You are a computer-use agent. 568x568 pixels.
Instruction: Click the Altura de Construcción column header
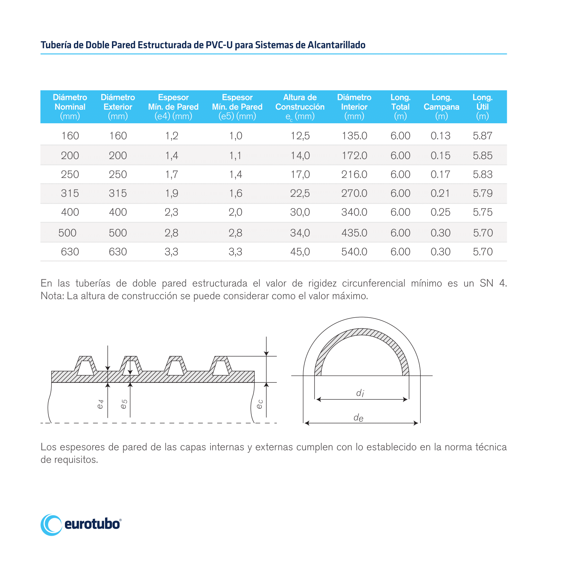(300, 107)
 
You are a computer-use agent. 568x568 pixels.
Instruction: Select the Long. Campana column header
(441, 107)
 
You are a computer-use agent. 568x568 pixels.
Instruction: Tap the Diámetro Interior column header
(354, 107)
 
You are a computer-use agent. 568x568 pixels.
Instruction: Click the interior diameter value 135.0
(354, 136)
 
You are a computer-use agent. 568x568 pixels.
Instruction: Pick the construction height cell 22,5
(300, 193)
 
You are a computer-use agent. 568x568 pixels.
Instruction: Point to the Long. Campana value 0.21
(440, 193)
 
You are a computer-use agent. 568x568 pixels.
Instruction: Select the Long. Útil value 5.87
(482, 136)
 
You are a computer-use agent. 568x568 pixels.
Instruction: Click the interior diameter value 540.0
(354, 252)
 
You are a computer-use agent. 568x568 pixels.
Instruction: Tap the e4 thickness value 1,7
(171, 174)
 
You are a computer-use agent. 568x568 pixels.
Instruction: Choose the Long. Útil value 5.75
(482, 212)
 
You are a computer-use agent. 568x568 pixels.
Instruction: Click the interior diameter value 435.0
(354, 233)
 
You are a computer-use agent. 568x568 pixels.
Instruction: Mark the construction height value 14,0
(300, 156)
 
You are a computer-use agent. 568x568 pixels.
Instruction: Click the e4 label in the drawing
(100, 404)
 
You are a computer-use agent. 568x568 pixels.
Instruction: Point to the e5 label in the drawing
(124, 404)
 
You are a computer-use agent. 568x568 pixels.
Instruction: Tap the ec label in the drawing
(260, 404)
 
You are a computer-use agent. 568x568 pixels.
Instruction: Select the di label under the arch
(360, 393)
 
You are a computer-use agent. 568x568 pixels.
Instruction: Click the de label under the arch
(359, 418)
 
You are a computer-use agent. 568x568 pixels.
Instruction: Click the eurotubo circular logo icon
(51, 525)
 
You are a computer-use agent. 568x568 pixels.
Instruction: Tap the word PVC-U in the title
(219, 45)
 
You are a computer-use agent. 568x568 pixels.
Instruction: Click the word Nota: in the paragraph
(52, 296)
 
